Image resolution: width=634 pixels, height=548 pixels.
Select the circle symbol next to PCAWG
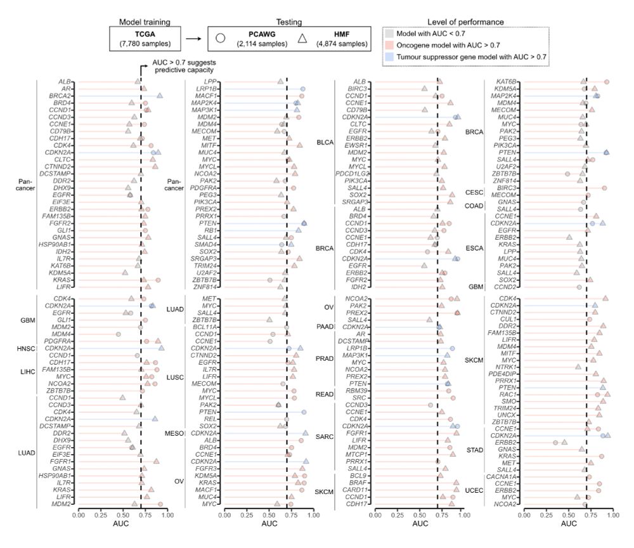tap(221, 38)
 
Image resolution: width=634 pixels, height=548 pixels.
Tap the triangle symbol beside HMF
tap(302, 38)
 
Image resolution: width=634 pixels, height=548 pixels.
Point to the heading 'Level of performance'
tap(466, 22)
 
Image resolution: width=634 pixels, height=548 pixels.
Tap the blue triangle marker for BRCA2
tap(160, 95)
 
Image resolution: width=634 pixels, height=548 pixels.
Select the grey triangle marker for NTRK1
tap(578, 367)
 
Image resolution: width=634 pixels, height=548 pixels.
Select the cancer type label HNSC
tap(29, 348)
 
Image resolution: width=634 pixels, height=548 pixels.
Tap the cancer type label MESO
tap(174, 433)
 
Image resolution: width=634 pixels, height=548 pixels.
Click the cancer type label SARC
tap(325, 436)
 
